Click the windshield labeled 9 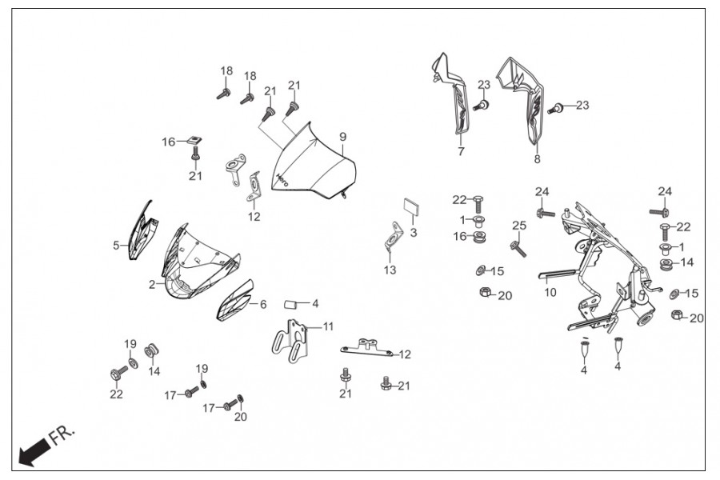click(x=314, y=164)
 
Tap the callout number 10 click(x=550, y=293)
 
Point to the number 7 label click(x=461, y=151)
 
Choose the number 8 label click(x=537, y=159)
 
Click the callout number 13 click(x=390, y=270)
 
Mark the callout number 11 click(x=328, y=326)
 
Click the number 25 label click(x=519, y=226)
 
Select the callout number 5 click(x=116, y=245)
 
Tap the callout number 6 click(x=262, y=304)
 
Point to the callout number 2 click(x=151, y=283)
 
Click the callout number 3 click(x=414, y=232)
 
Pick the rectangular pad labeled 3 click(x=409, y=206)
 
